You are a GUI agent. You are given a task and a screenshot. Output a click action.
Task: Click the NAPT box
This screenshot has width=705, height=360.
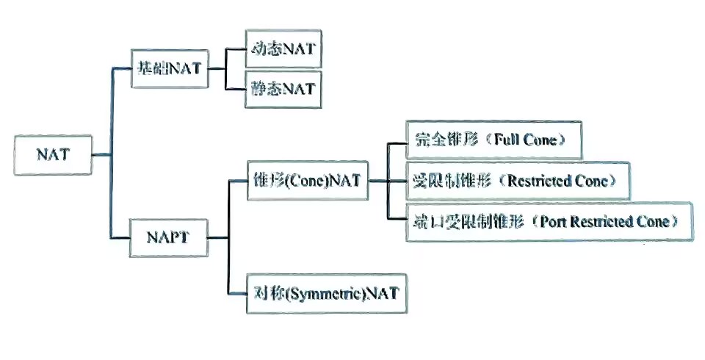pyautogui.click(x=167, y=238)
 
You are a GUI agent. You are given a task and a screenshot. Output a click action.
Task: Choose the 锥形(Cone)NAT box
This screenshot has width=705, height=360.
pyautogui.click(x=308, y=181)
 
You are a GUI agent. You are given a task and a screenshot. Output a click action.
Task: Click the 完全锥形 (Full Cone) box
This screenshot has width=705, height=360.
pyautogui.click(x=493, y=140)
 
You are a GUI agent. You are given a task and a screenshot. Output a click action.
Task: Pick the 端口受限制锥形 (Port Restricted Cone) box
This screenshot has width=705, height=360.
pyautogui.click(x=549, y=220)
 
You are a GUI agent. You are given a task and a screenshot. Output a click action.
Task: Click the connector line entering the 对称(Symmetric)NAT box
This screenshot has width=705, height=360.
pyautogui.click(x=238, y=294)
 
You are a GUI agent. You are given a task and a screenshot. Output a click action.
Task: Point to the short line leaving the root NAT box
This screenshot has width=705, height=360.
pyautogui.click(x=101, y=154)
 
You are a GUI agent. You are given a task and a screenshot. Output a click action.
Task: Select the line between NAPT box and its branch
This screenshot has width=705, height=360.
pyautogui.click(x=217, y=238)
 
